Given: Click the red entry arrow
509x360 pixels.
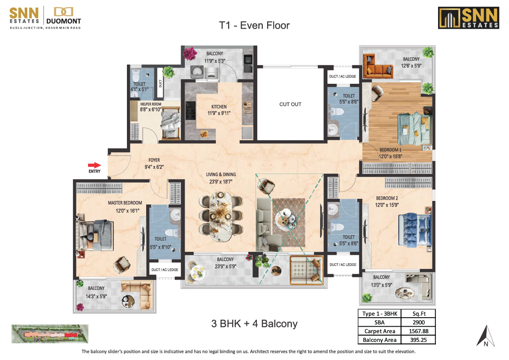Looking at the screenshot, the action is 94,165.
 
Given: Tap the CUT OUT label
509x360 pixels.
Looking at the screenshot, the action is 290,104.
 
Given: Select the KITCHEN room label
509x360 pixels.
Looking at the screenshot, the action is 219,106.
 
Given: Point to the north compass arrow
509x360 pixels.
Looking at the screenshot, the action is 485,336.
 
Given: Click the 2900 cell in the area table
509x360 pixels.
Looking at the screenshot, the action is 418,322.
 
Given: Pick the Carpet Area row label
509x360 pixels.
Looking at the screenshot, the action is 380,331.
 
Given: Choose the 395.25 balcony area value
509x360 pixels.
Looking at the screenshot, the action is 418,340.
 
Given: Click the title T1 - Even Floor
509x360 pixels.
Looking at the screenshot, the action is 254,25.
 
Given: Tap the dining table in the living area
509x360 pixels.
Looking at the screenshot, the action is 221,216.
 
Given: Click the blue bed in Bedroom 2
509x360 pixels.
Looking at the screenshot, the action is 415,230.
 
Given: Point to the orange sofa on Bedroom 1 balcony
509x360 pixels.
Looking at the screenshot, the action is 377,67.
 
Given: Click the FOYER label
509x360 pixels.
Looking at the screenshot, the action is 154,160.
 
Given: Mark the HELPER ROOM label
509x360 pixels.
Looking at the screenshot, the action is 150,104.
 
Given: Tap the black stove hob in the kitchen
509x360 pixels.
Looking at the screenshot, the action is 190,111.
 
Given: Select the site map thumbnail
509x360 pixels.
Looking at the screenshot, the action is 50,334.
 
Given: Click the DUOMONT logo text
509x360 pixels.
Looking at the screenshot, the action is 64,21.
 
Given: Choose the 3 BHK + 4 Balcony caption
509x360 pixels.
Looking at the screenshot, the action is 254,324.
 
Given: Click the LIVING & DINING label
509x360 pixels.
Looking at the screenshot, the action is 221,174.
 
